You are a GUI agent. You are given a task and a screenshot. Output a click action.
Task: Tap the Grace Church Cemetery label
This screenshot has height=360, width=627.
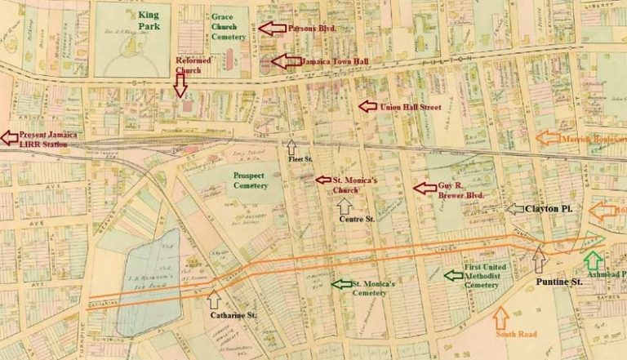[x=229, y=27]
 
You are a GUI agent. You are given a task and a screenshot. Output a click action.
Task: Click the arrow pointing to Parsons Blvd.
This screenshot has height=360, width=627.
[x=272, y=29]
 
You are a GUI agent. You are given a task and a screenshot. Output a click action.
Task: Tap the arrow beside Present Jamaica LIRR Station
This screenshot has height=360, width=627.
[x=9, y=136]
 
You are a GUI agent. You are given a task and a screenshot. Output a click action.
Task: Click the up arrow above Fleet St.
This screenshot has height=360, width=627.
[x=292, y=146]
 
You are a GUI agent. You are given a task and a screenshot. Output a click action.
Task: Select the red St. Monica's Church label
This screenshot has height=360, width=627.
[x=353, y=184]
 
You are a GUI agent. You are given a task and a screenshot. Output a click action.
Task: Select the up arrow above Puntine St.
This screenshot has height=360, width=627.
[x=538, y=259]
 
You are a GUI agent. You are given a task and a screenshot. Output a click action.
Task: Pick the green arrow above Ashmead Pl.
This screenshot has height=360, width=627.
[x=594, y=261]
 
